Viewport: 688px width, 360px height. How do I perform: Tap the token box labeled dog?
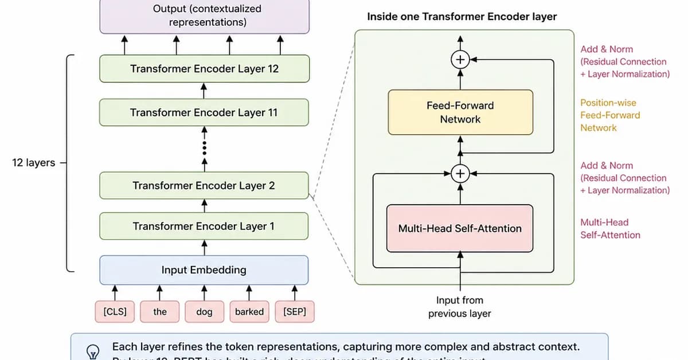click(204, 312)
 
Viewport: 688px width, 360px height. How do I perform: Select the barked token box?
click(249, 312)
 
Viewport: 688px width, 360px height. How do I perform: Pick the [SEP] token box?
click(295, 312)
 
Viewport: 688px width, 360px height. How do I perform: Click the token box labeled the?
click(160, 312)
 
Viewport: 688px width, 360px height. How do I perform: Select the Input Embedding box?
click(204, 270)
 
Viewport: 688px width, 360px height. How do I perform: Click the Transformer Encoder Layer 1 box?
click(204, 226)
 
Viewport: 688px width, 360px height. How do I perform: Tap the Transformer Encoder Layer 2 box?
click(204, 186)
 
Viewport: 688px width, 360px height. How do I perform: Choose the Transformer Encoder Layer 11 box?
click(204, 113)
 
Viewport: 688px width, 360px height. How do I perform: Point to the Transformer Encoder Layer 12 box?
click(204, 69)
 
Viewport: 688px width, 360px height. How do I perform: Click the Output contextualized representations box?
click(204, 16)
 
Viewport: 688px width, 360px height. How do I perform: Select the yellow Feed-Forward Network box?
click(460, 112)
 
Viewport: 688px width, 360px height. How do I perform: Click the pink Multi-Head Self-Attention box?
click(460, 228)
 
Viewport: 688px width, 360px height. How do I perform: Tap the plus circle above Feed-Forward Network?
click(460, 59)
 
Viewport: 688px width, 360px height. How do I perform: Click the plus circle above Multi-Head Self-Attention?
click(460, 173)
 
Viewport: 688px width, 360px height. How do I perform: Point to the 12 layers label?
click(34, 163)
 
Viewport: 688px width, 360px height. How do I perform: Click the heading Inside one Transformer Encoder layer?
click(462, 17)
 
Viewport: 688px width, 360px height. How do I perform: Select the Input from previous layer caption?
click(460, 307)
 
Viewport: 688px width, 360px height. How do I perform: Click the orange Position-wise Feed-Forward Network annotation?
click(610, 115)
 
